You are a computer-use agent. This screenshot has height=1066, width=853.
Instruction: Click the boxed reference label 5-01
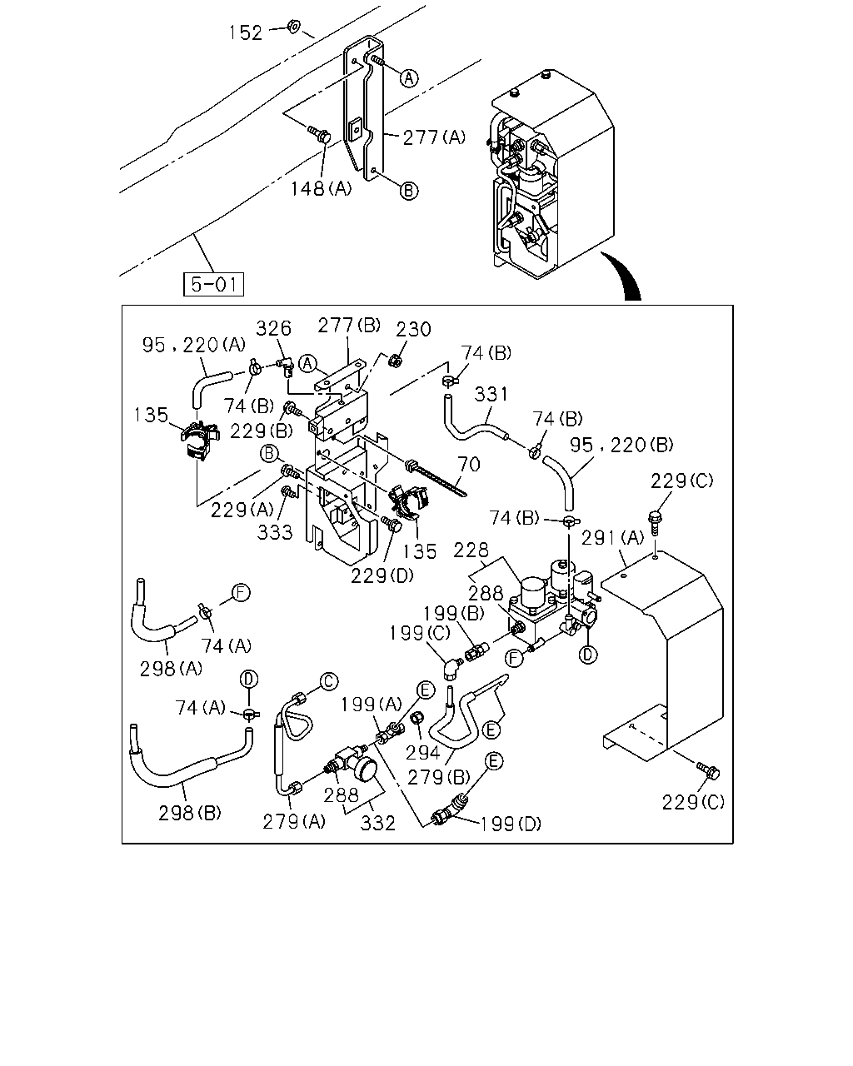(x=213, y=284)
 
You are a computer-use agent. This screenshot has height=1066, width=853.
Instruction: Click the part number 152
(x=246, y=32)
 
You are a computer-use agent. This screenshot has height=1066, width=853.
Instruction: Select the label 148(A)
(x=322, y=188)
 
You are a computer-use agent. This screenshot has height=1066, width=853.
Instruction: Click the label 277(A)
(x=434, y=137)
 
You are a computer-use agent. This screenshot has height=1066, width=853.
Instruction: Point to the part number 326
(x=273, y=328)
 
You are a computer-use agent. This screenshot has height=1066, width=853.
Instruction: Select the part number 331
(x=491, y=394)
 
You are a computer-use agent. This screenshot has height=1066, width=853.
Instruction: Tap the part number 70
(x=469, y=464)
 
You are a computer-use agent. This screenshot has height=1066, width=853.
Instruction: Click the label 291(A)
(x=612, y=537)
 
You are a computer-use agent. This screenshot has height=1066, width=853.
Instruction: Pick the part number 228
(x=471, y=550)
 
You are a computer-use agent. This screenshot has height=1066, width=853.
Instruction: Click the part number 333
(x=275, y=532)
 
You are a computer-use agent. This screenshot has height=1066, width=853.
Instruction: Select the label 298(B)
(x=190, y=813)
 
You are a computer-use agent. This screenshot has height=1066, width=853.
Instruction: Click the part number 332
(x=377, y=824)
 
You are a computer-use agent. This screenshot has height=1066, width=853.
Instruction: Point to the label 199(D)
(x=511, y=824)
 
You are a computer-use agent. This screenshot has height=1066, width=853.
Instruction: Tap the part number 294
(x=423, y=753)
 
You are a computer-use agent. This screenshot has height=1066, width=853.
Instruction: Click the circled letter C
(x=329, y=681)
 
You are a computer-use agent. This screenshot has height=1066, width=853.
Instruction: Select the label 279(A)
(x=294, y=822)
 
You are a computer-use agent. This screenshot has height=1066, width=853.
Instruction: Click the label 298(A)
(x=171, y=669)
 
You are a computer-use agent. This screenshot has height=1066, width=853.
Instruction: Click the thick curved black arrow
(x=626, y=275)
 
